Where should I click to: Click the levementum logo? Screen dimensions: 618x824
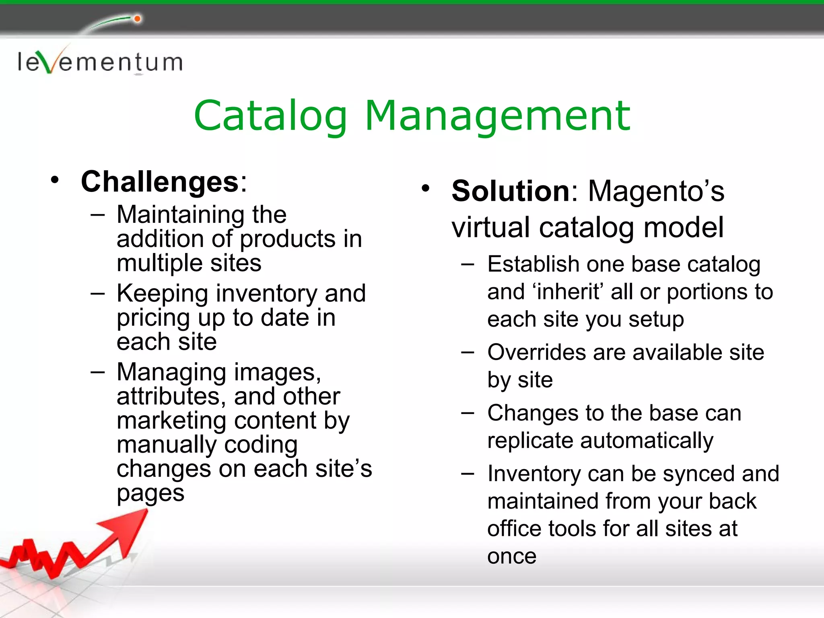click(100, 62)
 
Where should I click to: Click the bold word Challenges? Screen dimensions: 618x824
click(160, 182)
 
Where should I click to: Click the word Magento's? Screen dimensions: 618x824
click(656, 191)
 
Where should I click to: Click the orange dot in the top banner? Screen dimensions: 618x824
click(138, 19)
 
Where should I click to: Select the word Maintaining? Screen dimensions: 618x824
click(180, 214)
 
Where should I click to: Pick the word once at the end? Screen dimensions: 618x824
click(512, 556)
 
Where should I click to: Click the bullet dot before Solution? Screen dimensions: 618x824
click(426, 188)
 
